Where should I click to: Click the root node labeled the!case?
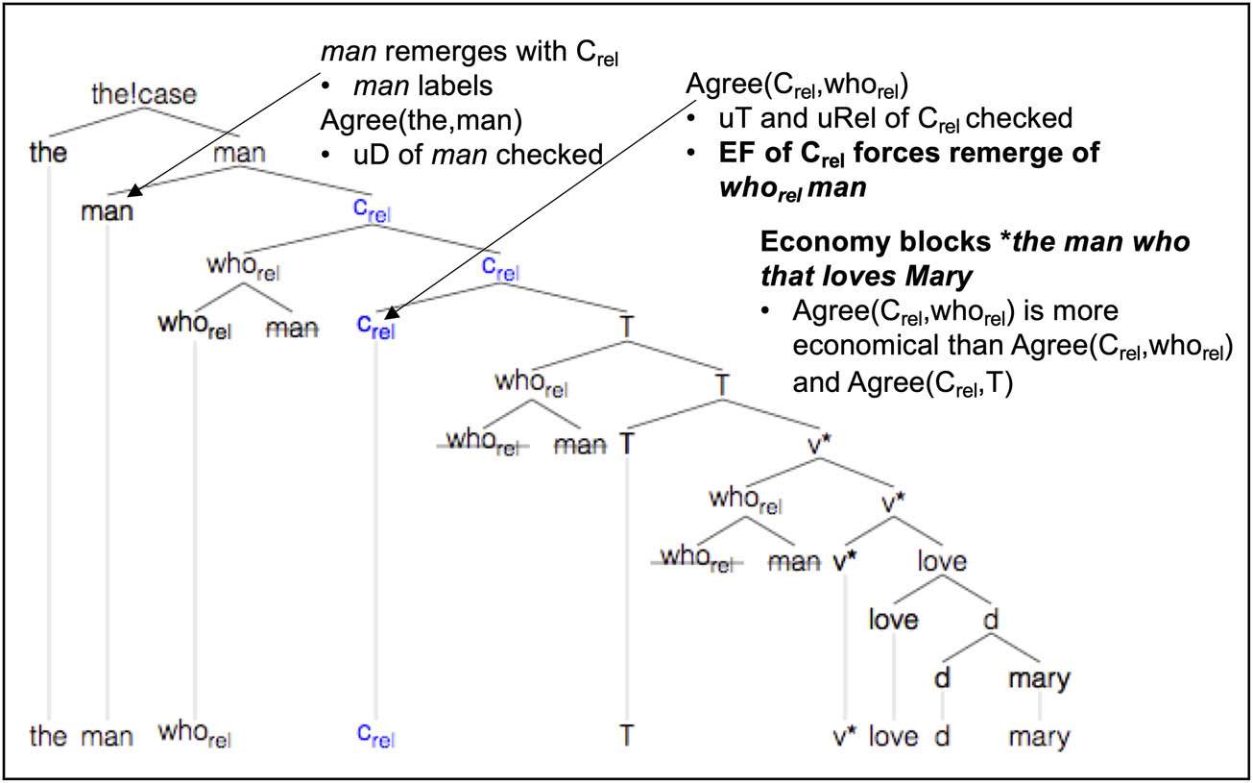coord(144,94)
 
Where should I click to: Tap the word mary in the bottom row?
coord(1039,737)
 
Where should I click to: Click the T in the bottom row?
coord(626,735)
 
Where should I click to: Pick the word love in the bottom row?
coord(893,736)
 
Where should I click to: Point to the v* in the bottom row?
coord(845,736)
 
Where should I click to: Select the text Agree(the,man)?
coord(421,121)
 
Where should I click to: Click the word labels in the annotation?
coord(455,86)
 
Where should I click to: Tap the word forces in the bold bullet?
coord(904,153)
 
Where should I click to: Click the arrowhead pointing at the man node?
coord(134,190)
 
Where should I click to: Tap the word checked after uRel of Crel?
coord(1019,119)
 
